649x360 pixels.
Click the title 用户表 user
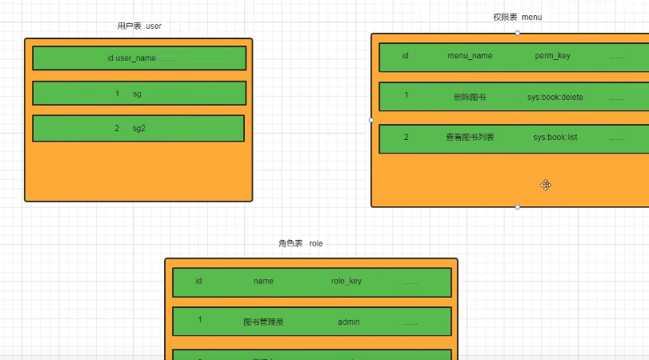pyautogui.click(x=139, y=26)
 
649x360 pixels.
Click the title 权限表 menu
pyautogui.click(x=518, y=17)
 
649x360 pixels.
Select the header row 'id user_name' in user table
pyautogui.click(x=139, y=58)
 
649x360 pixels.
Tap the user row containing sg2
pyautogui.click(x=138, y=128)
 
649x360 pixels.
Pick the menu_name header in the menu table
pyautogui.click(x=470, y=56)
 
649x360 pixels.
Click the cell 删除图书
pyautogui.click(x=469, y=97)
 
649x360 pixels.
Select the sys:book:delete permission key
pyautogui.click(x=555, y=97)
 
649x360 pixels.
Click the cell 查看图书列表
pyautogui.click(x=470, y=137)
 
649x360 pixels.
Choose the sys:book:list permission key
pyautogui.click(x=555, y=137)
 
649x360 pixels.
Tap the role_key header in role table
pyautogui.click(x=347, y=281)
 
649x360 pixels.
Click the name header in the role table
pyautogui.click(x=264, y=281)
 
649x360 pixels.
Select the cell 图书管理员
pyautogui.click(x=264, y=322)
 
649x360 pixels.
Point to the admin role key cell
pyautogui.click(x=349, y=322)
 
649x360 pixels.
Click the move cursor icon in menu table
pyautogui.click(x=545, y=185)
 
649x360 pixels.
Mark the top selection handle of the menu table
pyautogui.click(x=518, y=33)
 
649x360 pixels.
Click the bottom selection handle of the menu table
pyautogui.click(x=518, y=207)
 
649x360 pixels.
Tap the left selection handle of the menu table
pyautogui.click(x=371, y=120)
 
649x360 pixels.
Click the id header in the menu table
pyautogui.click(x=406, y=56)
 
